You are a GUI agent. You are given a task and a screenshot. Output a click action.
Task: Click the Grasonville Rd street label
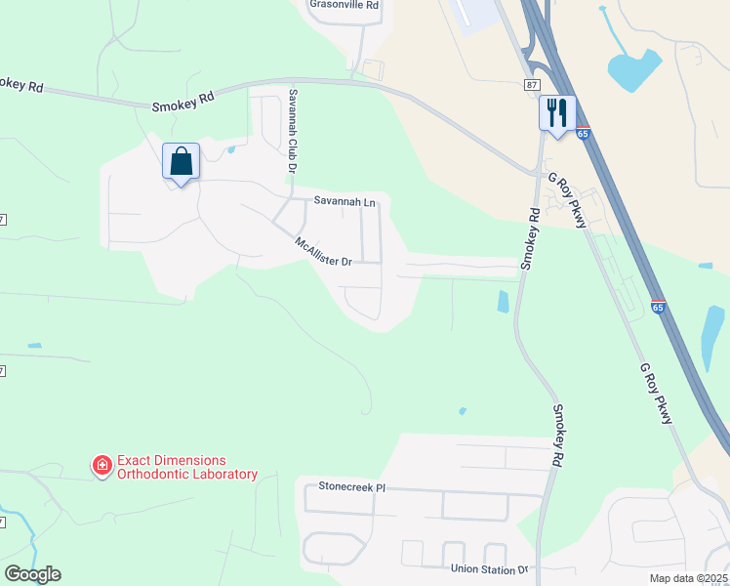(344, 5)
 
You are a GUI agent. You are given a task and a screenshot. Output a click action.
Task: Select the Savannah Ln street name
(344, 201)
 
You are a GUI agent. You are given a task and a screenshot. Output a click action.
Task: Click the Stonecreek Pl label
(352, 485)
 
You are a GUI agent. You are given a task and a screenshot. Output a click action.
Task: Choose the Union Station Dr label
(489, 568)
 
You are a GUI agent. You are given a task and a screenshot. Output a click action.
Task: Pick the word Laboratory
(224, 475)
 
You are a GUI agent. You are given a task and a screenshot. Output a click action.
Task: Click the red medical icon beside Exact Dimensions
(101, 466)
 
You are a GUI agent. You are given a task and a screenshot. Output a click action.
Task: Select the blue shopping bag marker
(182, 161)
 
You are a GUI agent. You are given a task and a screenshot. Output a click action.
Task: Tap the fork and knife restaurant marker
(557, 112)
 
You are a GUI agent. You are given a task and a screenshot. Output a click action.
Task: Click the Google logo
(32, 574)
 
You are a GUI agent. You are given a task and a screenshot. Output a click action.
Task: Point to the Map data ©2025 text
(687, 578)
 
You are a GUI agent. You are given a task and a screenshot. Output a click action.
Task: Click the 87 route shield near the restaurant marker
(530, 85)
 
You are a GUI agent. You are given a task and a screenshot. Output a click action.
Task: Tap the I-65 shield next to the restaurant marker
(583, 132)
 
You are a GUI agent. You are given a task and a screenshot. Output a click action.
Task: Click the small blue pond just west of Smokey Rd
(504, 301)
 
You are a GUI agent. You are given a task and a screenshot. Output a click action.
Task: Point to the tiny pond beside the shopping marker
(230, 149)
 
